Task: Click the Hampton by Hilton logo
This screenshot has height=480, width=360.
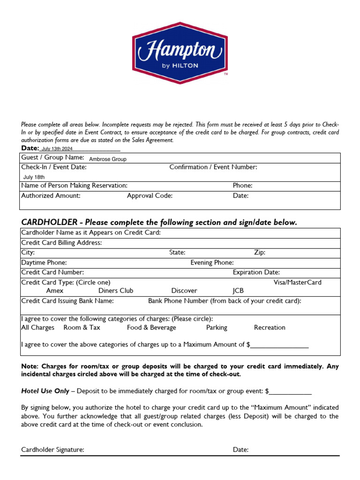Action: (180, 52)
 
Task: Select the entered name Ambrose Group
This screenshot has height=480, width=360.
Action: (108, 159)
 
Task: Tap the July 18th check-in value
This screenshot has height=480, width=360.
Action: (34, 177)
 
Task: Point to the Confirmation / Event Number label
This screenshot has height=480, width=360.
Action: (213, 167)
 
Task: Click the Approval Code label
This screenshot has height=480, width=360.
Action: (150, 196)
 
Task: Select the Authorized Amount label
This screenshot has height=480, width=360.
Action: (51, 196)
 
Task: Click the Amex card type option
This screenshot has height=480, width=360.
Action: (55, 291)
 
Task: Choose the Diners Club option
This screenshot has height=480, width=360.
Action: (116, 291)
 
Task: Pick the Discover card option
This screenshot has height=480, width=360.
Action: (184, 291)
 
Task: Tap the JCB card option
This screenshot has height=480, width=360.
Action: (238, 291)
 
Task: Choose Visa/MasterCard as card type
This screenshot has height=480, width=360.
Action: (298, 283)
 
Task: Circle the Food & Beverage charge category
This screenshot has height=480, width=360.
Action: (151, 328)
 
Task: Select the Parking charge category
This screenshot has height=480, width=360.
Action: (217, 328)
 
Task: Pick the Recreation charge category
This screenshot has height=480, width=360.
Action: (270, 328)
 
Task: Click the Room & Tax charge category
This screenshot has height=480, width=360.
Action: (82, 328)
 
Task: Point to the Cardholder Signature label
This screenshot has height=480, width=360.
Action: (53, 450)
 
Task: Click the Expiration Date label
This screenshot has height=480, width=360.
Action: (256, 272)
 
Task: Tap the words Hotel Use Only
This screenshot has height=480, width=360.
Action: (45, 391)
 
